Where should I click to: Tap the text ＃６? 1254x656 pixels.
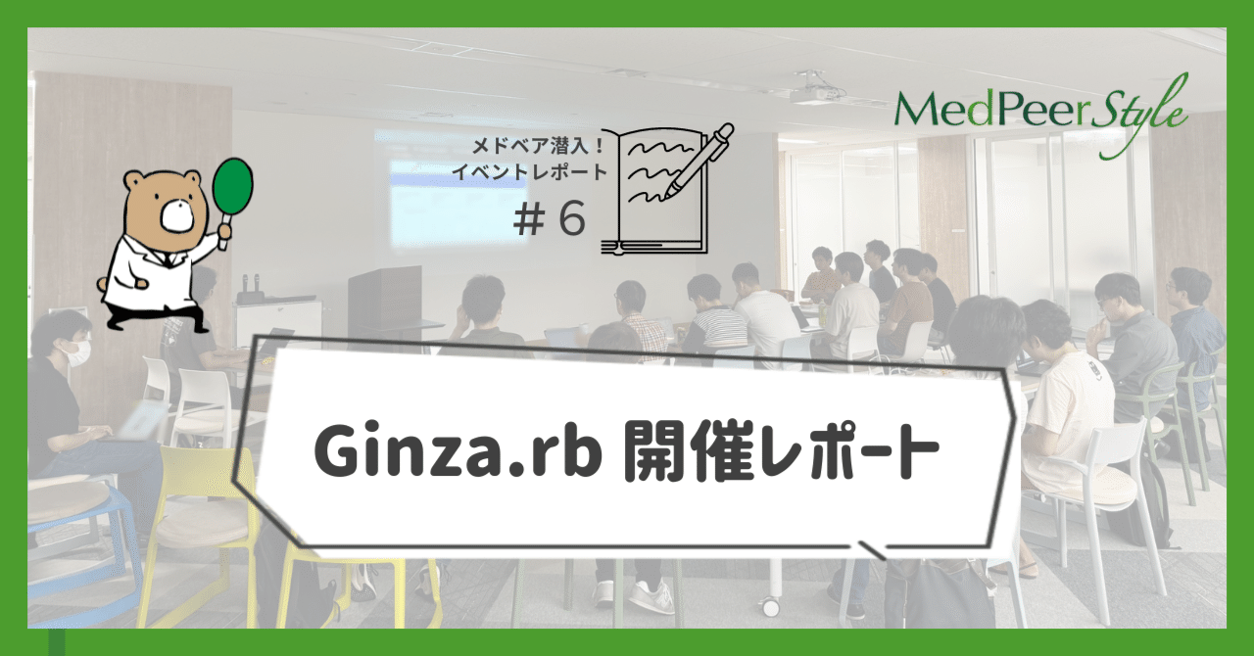click(550, 221)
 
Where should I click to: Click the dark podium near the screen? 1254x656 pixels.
click(384, 299)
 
